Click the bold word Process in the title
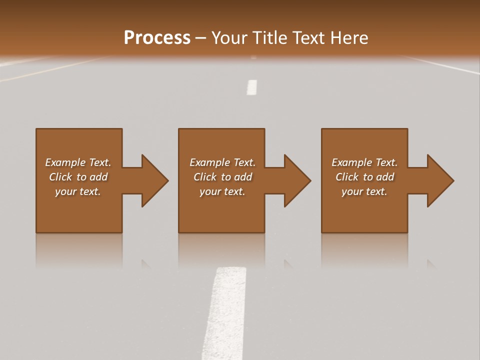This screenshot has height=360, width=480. [157, 38]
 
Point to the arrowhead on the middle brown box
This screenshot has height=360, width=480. [297, 180]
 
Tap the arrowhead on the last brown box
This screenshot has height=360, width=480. [440, 180]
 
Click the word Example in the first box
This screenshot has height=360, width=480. [65, 162]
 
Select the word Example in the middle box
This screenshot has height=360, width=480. [209, 162]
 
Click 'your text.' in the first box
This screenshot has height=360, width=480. [78, 191]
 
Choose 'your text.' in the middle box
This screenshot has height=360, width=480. [222, 191]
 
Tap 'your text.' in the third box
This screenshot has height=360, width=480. [364, 191]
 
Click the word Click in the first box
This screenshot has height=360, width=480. [60, 177]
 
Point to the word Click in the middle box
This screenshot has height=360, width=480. [204, 177]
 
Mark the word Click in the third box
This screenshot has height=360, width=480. [346, 177]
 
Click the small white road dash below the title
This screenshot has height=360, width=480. [252, 87]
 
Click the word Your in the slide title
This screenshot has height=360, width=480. [227, 38]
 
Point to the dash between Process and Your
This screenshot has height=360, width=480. [201, 38]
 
